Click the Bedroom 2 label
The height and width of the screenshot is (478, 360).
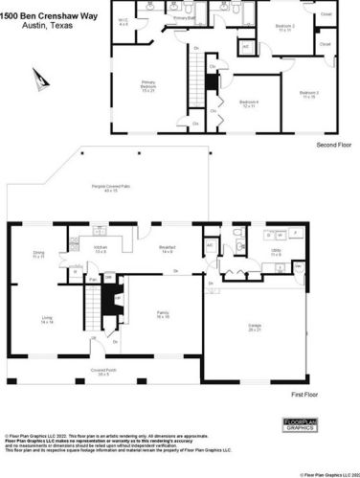(284, 27)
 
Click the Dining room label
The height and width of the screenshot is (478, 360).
(38, 255)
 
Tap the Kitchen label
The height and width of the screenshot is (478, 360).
(101, 250)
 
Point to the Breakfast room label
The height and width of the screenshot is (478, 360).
(167, 249)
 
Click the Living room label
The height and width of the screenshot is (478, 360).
(47, 321)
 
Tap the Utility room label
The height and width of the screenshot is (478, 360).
(276, 252)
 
